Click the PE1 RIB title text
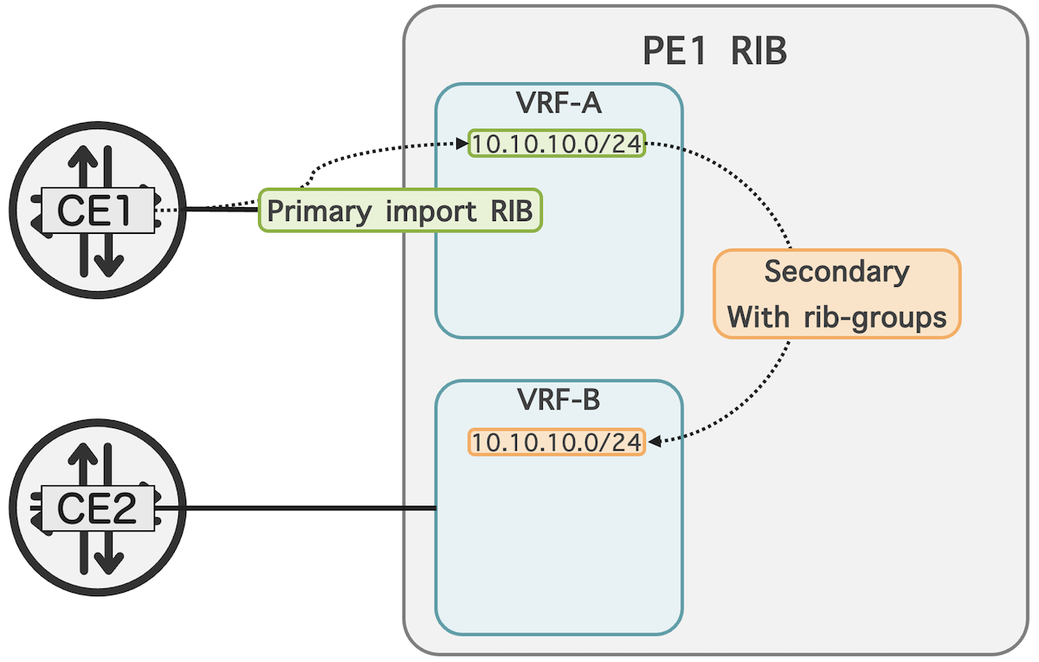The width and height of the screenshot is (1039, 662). [714, 51]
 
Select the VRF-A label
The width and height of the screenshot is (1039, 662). [558, 103]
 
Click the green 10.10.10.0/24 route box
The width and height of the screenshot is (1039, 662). [557, 144]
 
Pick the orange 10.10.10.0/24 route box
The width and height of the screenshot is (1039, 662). [557, 442]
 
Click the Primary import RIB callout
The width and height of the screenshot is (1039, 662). [400, 211]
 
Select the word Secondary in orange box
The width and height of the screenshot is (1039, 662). [836, 271]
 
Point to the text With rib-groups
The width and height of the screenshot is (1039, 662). [836, 317]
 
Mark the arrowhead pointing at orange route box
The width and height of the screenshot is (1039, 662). [655, 442]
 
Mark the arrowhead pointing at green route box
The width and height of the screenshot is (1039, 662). [461, 143]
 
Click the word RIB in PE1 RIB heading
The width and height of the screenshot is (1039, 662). [758, 51]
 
